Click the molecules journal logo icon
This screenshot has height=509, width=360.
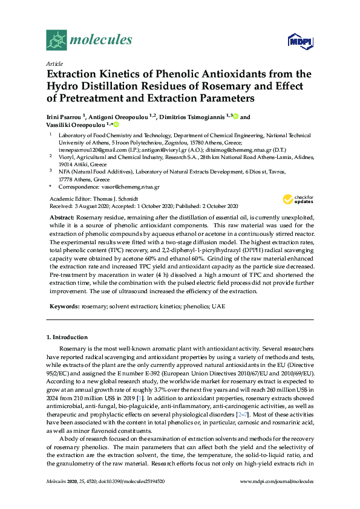pyautogui.click(x=56, y=40)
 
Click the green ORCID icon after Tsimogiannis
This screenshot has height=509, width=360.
pyautogui.click(x=235, y=117)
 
